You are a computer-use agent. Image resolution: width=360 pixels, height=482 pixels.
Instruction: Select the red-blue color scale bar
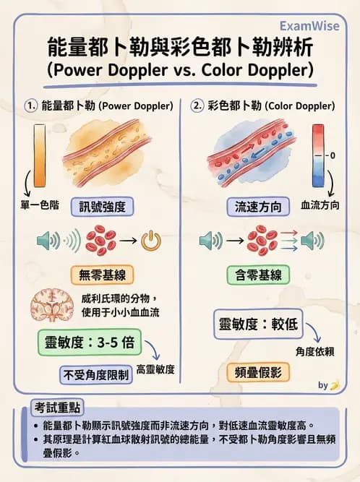(x=318, y=155)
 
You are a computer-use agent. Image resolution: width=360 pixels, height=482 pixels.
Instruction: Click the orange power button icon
(x=150, y=241)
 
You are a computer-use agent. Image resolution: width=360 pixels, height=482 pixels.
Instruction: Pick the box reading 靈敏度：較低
(x=257, y=325)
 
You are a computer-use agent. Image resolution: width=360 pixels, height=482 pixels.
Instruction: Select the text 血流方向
(x=320, y=205)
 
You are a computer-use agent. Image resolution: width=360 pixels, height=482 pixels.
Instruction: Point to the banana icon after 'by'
(x=334, y=385)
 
